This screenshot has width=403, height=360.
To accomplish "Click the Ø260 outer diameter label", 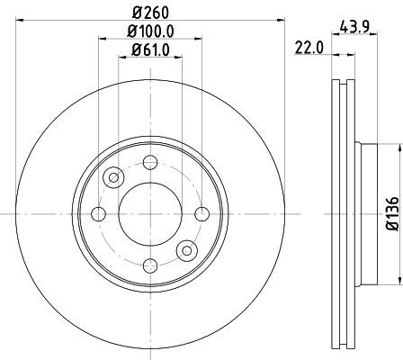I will [x=150, y=12].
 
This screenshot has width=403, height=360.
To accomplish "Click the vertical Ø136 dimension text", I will [x=392, y=213].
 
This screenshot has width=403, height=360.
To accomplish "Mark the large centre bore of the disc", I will [x=149, y=213].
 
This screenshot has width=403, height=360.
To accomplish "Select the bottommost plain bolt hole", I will [x=149, y=265].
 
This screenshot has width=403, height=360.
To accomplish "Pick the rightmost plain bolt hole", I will [x=201, y=213].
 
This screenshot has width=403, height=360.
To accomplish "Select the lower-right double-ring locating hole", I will [x=186, y=250].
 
